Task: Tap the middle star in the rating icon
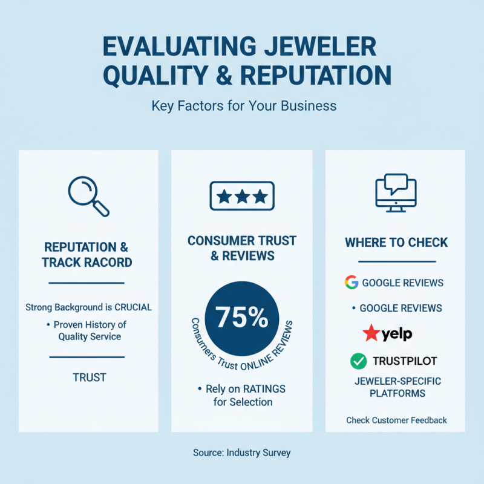pos(242,196)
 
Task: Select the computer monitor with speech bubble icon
pos(396,193)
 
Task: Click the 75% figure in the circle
pos(242,316)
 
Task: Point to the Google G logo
pos(352,283)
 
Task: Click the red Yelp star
pos(371,333)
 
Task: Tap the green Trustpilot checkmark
pos(359,361)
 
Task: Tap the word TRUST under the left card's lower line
pos(89,378)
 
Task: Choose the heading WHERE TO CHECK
pos(396,243)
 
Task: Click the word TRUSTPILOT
pos(405,361)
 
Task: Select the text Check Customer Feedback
pos(396,420)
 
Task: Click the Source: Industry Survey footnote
pos(242,453)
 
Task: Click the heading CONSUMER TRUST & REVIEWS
pos(242,248)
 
